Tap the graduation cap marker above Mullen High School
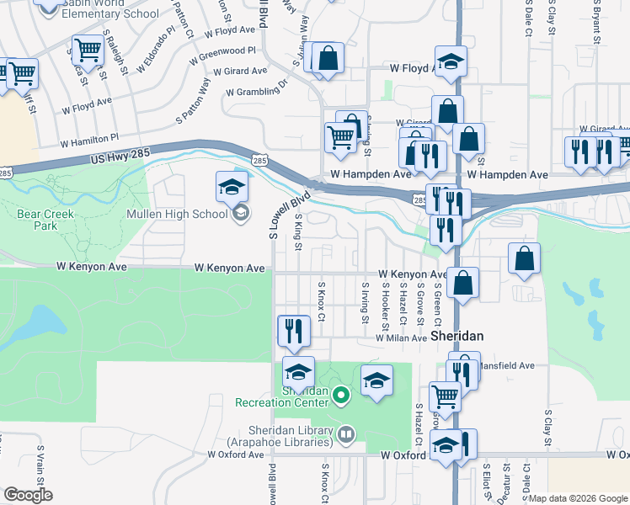[232, 188]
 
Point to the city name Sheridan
[456, 335]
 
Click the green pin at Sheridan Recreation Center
[340, 394]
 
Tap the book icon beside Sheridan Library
[347, 434]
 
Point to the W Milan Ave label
[401, 338]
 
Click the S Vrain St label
[39, 464]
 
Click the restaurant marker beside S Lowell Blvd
[293, 330]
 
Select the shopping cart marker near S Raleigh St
[88, 51]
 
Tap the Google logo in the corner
[28, 495]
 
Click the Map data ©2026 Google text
[579, 498]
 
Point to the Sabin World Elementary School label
[110, 9]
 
